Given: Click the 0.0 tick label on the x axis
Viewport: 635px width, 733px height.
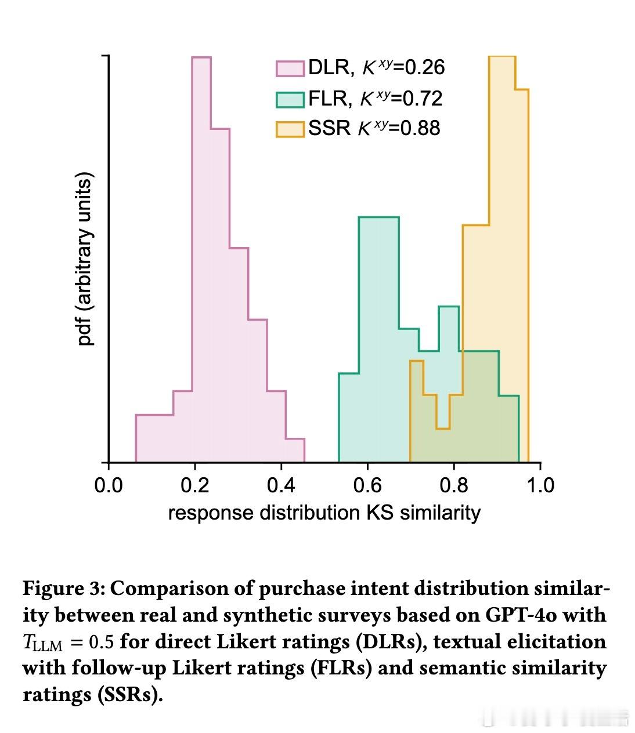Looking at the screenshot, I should (109, 485).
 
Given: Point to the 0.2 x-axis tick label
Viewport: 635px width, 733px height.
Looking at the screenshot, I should (195, 485).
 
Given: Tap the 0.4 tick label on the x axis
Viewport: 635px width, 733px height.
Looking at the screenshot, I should (281, 485).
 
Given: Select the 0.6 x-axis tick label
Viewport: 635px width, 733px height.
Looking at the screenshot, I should (367, 485).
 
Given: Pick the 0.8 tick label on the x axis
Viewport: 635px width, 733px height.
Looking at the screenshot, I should (454, 485).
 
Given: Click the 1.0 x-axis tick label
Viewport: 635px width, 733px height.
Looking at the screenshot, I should (540, 485).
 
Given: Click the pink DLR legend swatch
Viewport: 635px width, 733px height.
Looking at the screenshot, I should (290, 68).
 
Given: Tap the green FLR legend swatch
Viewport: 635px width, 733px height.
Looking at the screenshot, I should (290, 99).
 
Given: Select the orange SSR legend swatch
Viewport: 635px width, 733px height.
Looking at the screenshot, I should (290, 129).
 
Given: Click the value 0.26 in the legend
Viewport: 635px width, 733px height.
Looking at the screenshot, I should (424, 68).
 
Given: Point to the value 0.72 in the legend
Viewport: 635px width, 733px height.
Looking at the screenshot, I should (423, 99).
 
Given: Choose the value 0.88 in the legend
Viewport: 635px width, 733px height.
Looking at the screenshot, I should (420, 128).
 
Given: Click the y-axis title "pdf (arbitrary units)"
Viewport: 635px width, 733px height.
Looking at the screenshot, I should (85, 259).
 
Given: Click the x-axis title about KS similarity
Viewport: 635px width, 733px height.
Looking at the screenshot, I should (324, 513).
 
